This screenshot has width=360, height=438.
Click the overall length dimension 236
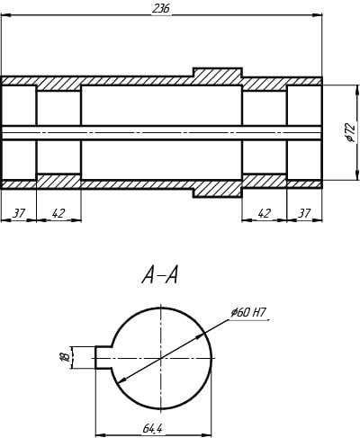161,8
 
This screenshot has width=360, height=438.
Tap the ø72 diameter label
350,132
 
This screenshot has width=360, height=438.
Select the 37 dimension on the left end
19,213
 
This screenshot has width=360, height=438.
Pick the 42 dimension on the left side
58,213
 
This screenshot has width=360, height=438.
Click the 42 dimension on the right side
264,213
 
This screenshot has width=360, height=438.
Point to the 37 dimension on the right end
304,213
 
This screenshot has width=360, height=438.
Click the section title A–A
160,275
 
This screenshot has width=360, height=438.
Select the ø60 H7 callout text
248,313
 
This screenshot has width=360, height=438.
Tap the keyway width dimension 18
65,357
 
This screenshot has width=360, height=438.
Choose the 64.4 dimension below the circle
153,429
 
